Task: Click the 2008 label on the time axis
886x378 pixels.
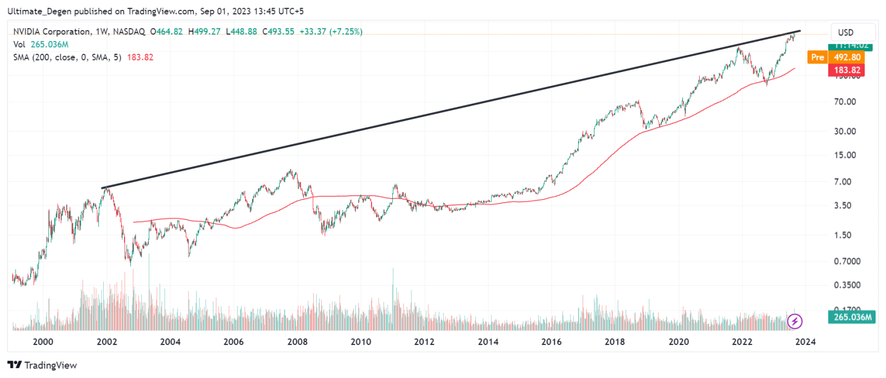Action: [297, 342]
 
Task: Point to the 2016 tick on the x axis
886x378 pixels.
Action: [551, 342]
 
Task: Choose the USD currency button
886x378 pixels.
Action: [846, 32]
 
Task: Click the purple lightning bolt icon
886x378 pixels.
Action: [795, 321]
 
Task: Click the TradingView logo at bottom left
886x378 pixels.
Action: [42, 365]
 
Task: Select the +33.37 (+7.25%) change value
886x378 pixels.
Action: [329, 32]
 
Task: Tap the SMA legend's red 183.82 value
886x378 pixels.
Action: [140, 57]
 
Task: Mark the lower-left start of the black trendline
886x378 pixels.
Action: [103, 188]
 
